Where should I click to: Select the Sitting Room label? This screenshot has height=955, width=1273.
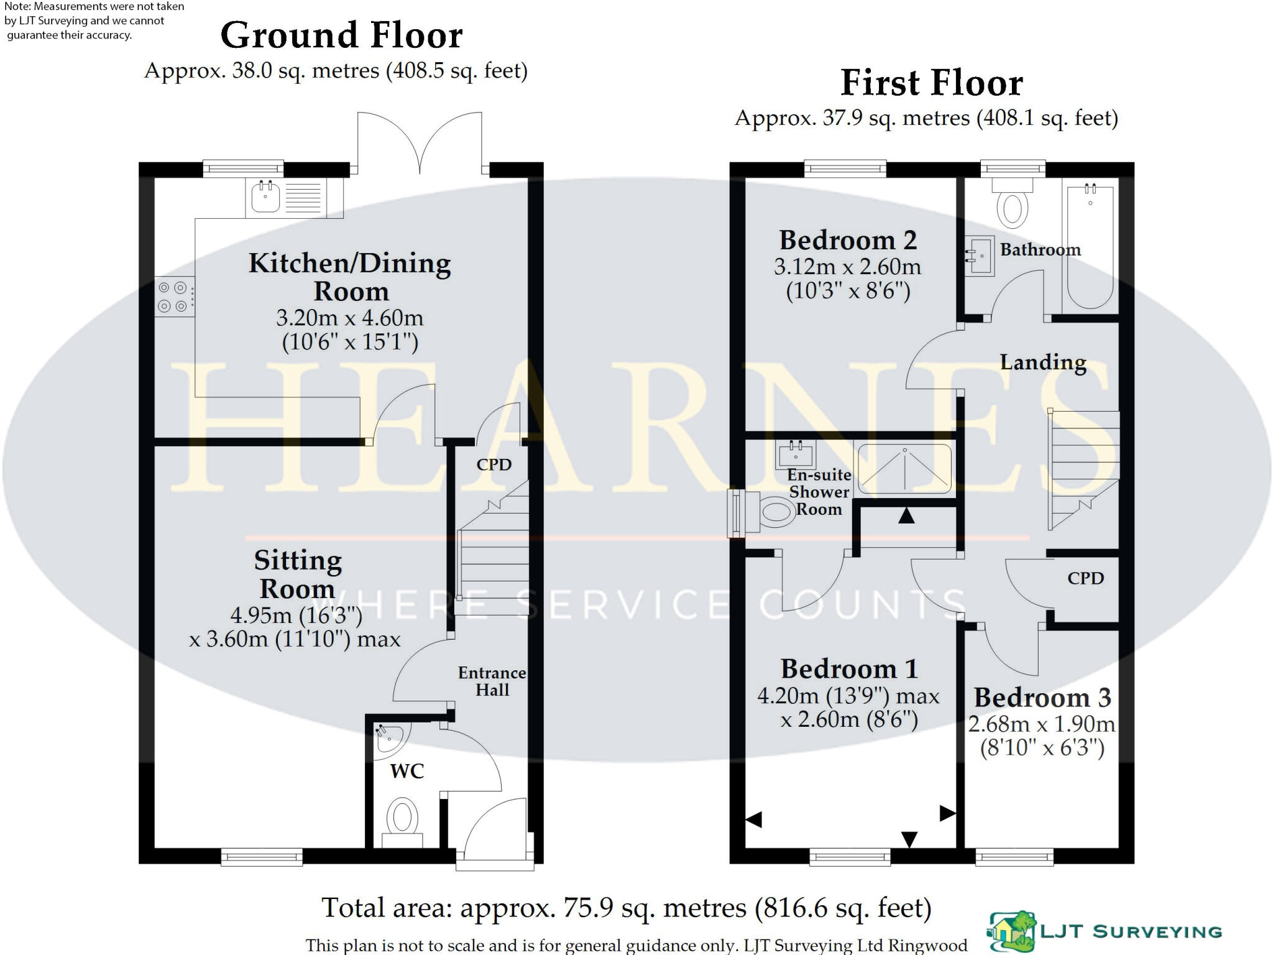pos(298,574)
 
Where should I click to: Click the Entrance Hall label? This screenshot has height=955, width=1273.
pos(492,681)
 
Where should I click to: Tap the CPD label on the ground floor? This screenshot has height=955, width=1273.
pos(494,464)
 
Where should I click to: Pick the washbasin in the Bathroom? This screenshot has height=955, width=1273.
pos(979,256)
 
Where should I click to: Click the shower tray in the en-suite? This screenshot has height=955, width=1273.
pos(904,470)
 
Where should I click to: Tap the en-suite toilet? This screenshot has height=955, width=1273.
pos(768,512)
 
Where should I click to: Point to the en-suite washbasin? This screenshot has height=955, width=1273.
pos(795,454)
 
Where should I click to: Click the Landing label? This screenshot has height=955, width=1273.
pos(1043,362)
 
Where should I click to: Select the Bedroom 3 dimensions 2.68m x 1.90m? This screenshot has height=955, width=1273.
pos(1042,724)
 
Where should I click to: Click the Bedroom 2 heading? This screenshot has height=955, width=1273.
pos(848,240)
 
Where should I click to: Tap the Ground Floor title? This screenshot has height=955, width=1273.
pos(341,35)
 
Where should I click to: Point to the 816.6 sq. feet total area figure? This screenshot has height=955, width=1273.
pos(843,908)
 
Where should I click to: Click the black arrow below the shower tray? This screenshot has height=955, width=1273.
pos(906,515)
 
